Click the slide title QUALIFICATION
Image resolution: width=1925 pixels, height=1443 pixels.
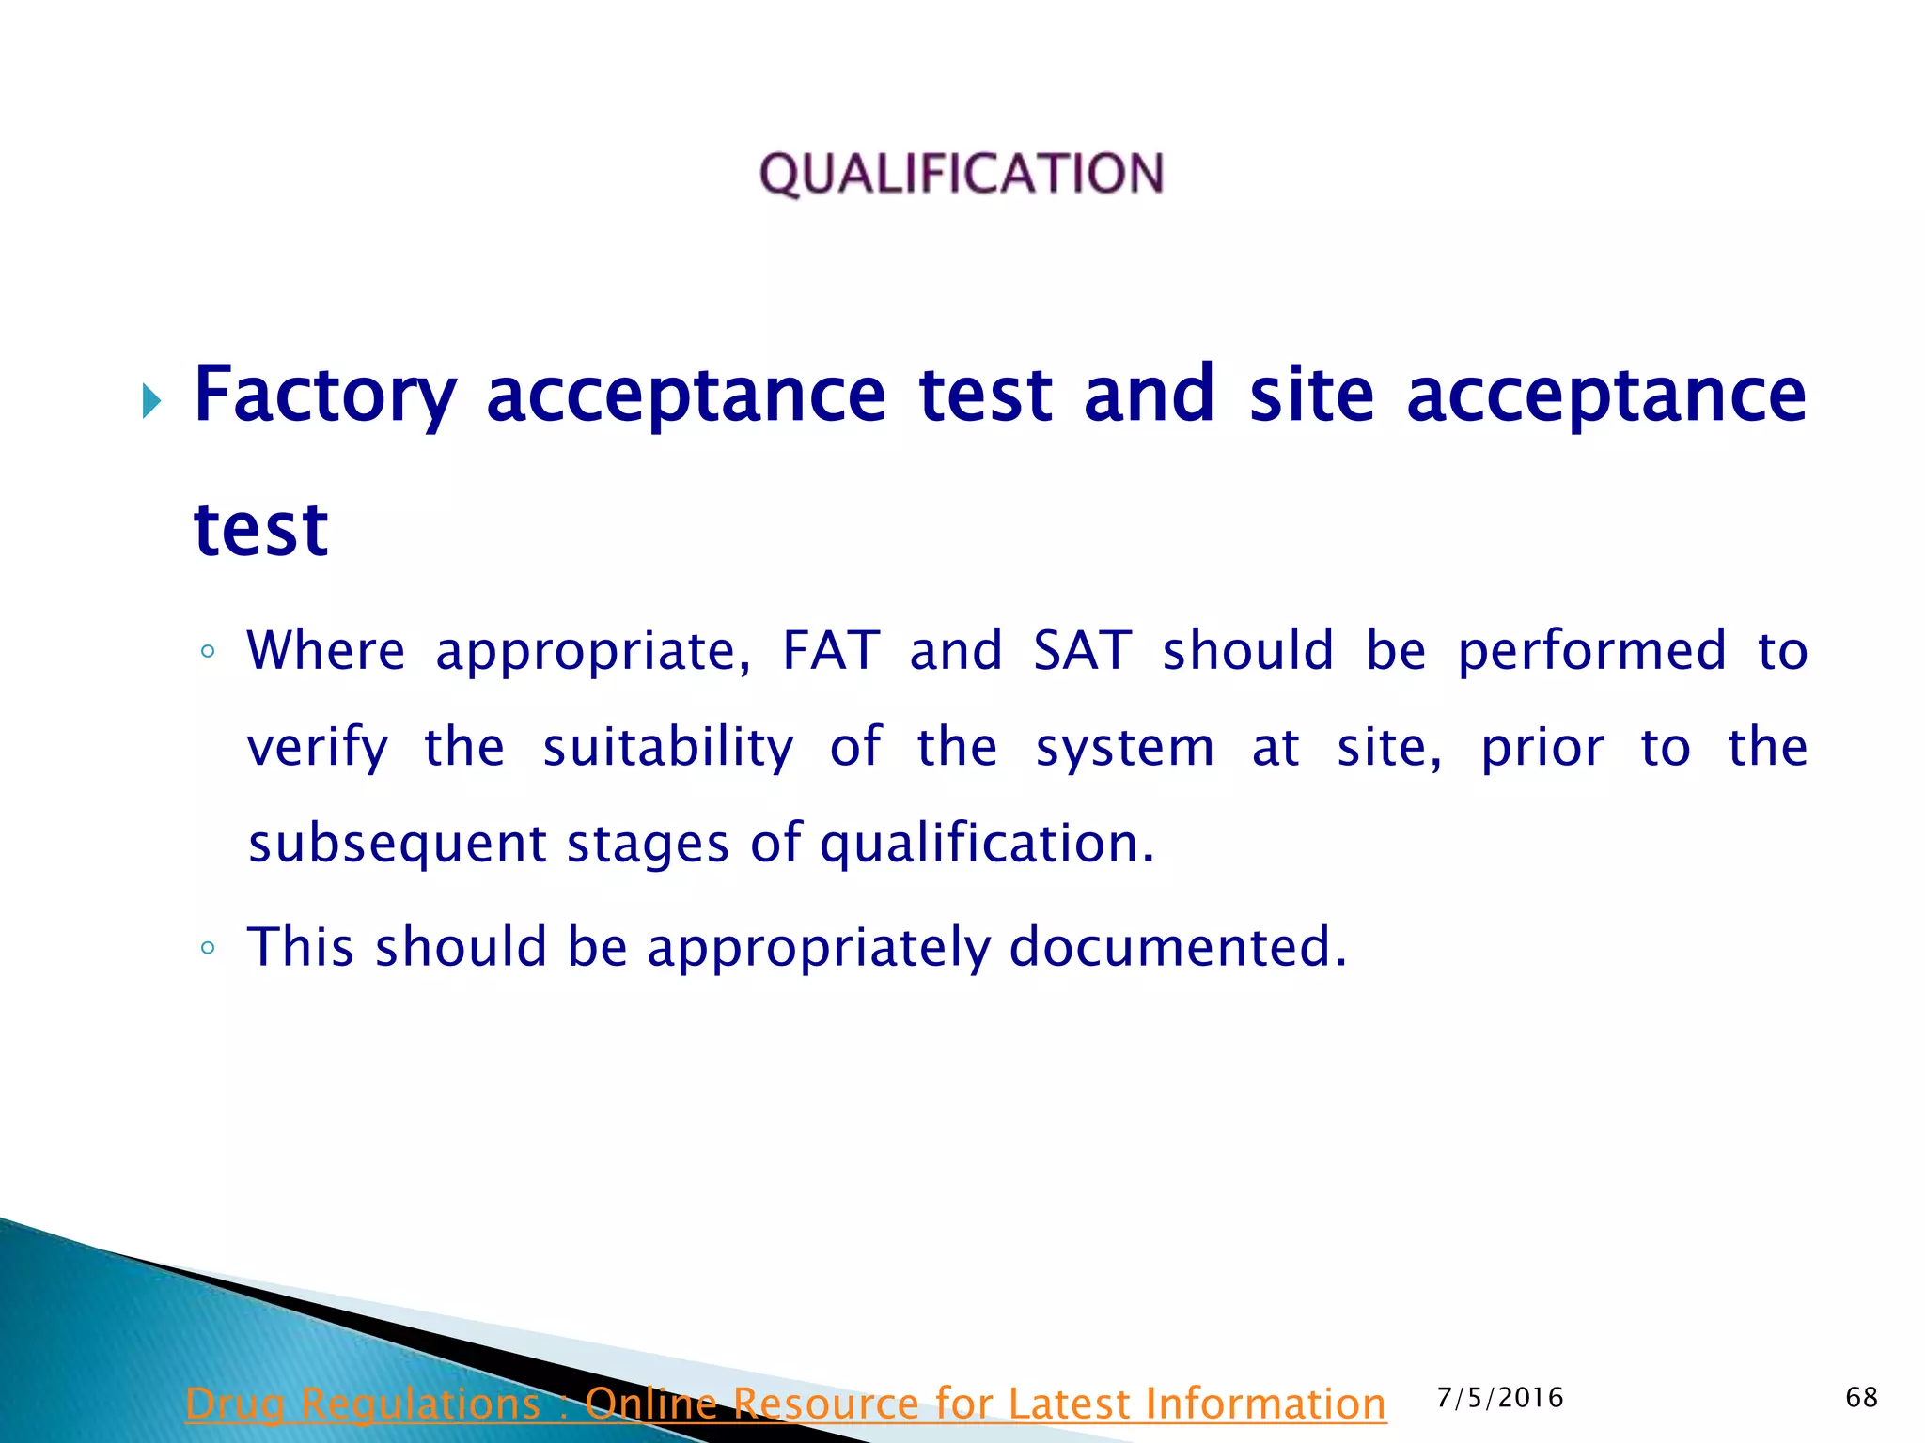pyautogui.click(x=962, y=175)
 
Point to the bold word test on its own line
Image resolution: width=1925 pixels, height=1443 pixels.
pyautogui.click(x=260, y=530)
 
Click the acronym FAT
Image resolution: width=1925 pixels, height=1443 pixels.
pyautogui.click(x=831, y=650)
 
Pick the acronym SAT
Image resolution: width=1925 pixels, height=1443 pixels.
pyautogui.click(x=1082, y=650)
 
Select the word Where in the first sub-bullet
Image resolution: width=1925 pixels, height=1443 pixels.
pyautogui.click(x=325, y=650)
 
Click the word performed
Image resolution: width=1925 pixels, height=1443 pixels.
pyautogui.click(x=1591, y=652)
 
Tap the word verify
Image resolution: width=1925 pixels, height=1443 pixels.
pyautogui.click(x=318, y=749)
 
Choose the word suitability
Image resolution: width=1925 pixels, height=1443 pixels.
pyautogui.click(x=667, y=749)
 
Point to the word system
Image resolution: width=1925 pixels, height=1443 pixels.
pyautogui.click(x=1124, y=749)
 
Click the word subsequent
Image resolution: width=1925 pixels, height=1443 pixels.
pyautogui.click(x=397, y=844)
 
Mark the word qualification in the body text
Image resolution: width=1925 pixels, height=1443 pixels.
pyautogui.click(x=986, y=844)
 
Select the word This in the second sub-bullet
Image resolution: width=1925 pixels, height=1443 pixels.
pyautogui.click(x=301, y=946)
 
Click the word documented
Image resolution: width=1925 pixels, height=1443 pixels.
pyautogui.click(x=1178, y=946)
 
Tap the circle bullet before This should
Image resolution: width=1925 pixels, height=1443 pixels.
pyautogui.click(x=208, y=948)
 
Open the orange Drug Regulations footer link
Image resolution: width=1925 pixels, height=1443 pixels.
pyautogui.click(x=786, y=1404)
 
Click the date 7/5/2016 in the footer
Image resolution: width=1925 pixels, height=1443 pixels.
pyautogui.click(x=1500, y=1398)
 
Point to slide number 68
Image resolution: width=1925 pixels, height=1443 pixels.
pyautogui.click(x=1861, y=1398)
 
